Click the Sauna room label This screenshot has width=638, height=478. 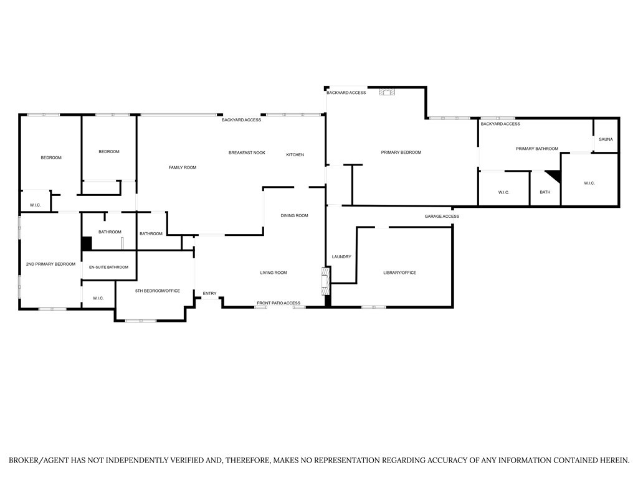(606, 139)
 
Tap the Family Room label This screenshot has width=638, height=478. (183, 167)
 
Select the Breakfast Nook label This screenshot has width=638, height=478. (247, 153)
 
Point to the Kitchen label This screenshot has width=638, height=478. (295, 155)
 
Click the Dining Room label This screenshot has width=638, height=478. (294, 216)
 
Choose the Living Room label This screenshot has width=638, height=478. (274, 273)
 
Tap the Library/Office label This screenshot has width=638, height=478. (399, 273)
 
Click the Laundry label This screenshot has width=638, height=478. (341, 257)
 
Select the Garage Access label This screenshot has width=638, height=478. (442, 216)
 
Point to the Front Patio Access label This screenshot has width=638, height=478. (279, 303)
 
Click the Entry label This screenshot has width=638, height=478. (209, 294)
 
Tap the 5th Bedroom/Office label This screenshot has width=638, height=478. (158, 291)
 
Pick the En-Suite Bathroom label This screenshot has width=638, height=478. (108, 268)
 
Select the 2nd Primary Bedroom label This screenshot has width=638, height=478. (50, 264)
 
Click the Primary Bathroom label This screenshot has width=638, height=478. (536, 149)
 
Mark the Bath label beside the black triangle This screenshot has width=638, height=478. (545, 192)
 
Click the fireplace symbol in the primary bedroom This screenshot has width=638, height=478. (387, 92)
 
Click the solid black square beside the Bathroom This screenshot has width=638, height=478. (86, 243)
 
